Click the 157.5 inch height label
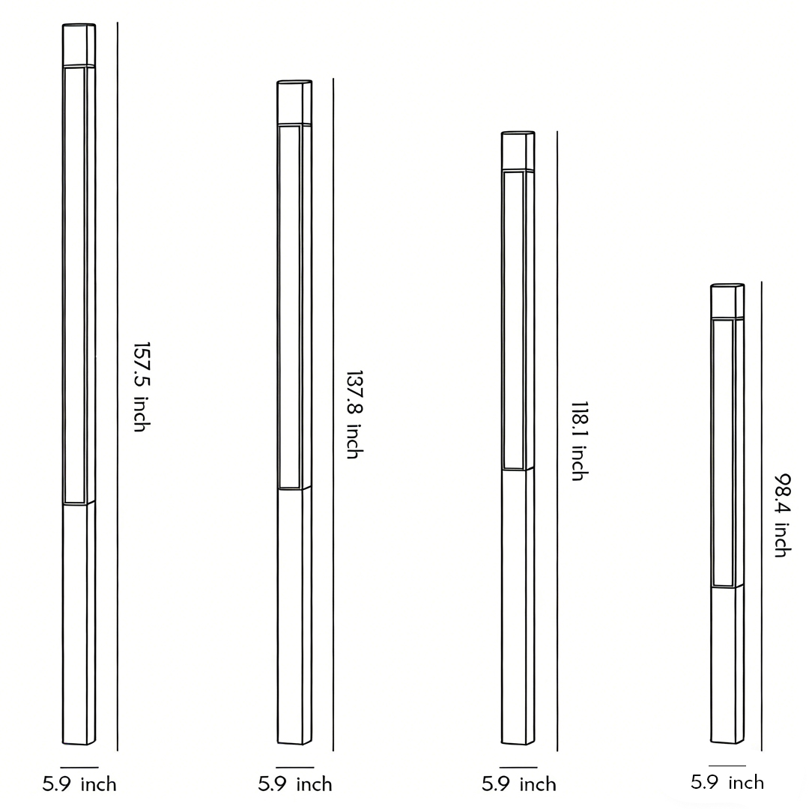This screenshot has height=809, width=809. click(x=142, y=387)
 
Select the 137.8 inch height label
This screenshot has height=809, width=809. click(x=354, y=414)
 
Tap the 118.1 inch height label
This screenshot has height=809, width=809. click(x=578, y=440)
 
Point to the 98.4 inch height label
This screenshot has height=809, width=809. click(x=782, y=515)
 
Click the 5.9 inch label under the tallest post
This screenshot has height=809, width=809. click(x=79, y=784)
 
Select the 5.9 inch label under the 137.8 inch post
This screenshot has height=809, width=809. click(x=295, y=784)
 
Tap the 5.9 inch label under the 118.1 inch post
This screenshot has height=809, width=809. click(x=519, y=784)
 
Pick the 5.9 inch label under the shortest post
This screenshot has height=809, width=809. click(x=727, y=783)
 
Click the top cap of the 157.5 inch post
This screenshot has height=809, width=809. click(x=79, y=46)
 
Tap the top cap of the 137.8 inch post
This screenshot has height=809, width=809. click(x=294, y=103)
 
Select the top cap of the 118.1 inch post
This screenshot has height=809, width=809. click(x=518, y=151)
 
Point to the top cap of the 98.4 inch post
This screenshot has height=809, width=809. click(x=727, y=301)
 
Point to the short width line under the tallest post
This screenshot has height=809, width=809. click(x=79, y=767)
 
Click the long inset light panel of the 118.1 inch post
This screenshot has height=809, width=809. click(x=513, y=321)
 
